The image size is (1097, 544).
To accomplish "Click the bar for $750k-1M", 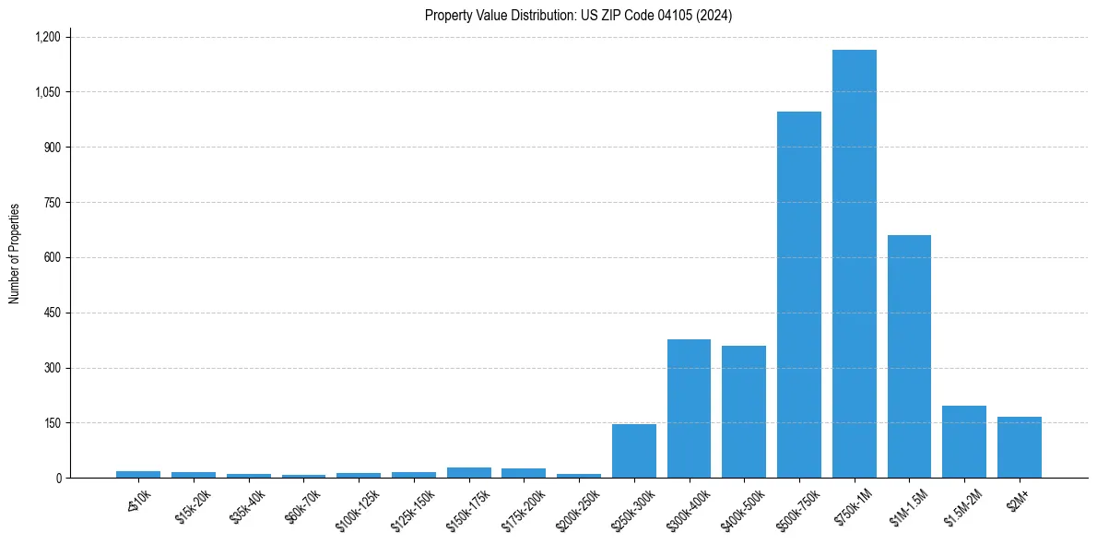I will (854, 264).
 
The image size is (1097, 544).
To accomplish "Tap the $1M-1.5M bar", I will (909, 357).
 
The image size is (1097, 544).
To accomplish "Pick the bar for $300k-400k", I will (689, 408).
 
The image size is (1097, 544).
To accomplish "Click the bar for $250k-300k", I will (633, 451).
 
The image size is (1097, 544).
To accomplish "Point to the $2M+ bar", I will (1019, 447).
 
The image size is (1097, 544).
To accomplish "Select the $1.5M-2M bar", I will (964, 442).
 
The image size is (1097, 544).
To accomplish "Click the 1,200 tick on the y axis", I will (47, 37).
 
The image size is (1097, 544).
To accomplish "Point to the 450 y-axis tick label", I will (52, 313).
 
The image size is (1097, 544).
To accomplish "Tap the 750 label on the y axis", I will (52, 203).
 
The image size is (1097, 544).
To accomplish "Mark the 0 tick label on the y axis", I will (58, 479).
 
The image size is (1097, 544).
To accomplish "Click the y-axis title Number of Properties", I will (15, 254).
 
